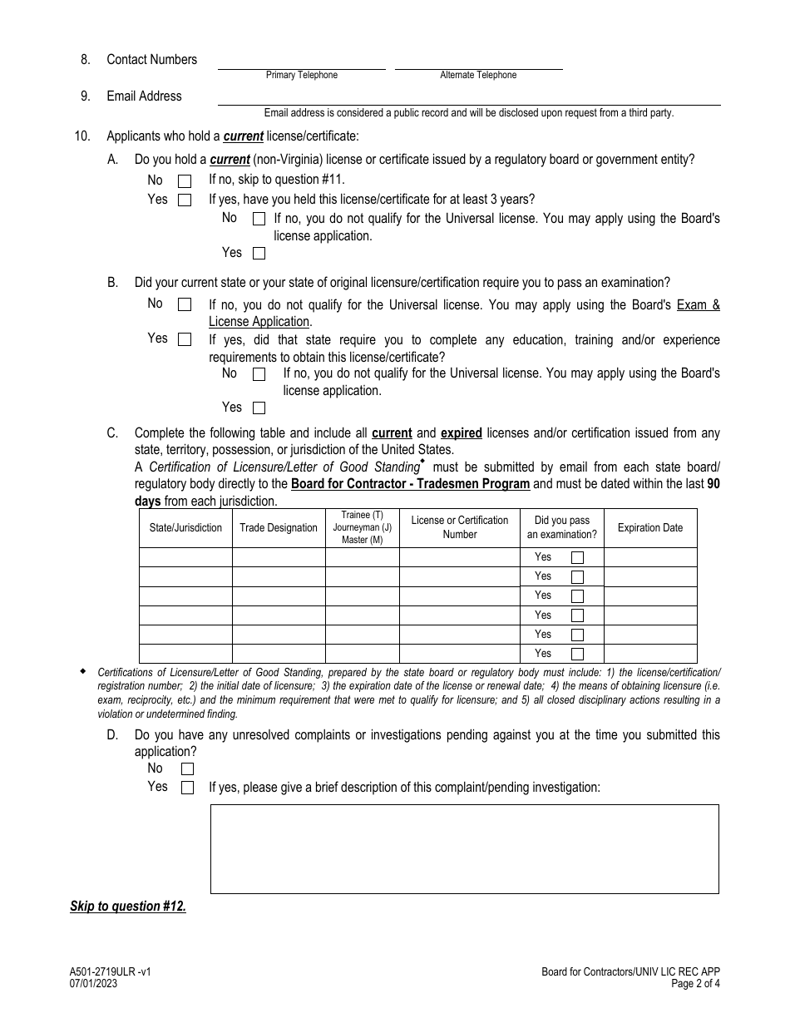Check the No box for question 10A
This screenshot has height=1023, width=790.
coord(185,180)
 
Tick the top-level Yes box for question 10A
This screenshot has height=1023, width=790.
coord(185,200)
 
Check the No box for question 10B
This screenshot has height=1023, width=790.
coord(185,304)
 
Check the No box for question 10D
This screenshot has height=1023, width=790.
coord(187,769)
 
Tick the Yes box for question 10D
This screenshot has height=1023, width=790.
coord(187,787)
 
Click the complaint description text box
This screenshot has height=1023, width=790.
coord(464,848)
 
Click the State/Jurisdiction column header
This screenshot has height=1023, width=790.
coord(185,528)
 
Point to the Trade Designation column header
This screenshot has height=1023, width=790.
coord(279,528)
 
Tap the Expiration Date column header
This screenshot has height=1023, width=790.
coord(649,528)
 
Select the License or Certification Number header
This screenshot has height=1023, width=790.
coord(460,527)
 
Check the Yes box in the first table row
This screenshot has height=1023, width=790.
coord(577,557)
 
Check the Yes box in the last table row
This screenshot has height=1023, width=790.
coord(577,654)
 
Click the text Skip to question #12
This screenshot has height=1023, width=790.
coord(128,907)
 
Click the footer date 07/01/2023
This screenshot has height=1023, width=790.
coord(94,983)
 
